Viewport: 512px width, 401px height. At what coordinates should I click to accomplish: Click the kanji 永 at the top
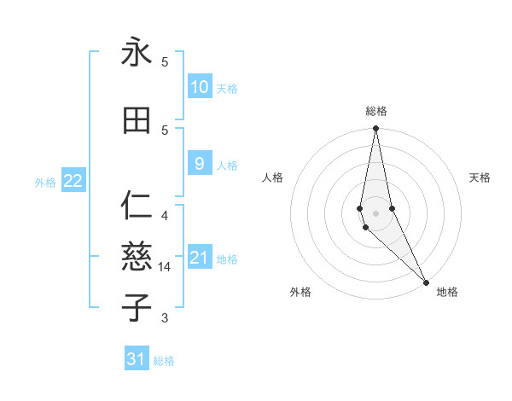tap(137, 53)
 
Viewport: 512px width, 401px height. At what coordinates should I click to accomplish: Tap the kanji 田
tap(137, 121)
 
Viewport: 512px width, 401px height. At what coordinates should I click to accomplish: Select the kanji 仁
tap(137, 207)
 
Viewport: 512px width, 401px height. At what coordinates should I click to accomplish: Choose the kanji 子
tap(137, 306)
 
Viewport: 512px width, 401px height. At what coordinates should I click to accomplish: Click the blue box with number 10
tap(199, 87)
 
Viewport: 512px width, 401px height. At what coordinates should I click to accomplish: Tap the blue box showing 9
tap(199, 164)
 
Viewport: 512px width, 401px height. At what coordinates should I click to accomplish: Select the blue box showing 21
tap(199, 258)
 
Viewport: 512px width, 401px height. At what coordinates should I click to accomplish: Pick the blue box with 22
tap(73, 180)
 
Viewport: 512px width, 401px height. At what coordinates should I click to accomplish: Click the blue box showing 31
tap(137, 359)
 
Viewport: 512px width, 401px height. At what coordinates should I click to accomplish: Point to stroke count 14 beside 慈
tap(166, 267)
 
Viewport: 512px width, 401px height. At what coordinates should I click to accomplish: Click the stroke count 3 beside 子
tap(165, 318)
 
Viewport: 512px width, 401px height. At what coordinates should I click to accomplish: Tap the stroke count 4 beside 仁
tap(165, 215)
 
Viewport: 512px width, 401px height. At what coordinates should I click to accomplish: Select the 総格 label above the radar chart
tap(376, 111)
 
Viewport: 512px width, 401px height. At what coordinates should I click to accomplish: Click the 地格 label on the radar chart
tap(447, 292)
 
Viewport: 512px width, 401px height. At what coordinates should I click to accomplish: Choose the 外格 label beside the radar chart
tap(300, 292)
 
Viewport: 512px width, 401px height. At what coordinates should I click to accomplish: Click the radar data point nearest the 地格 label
tap(426, 282)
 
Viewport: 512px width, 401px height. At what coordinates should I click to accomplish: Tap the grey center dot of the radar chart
tap(376, 213)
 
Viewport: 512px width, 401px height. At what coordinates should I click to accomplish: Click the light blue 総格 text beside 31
tap(164, 361)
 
